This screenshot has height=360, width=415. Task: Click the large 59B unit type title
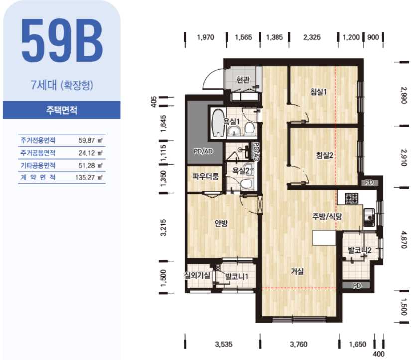(62, 40)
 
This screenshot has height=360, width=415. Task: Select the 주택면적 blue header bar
(61, 110)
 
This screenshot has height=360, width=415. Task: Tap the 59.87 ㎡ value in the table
(90, 140)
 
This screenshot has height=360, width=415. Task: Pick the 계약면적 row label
(38, 177)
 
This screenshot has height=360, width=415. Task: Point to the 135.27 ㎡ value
(89, 177)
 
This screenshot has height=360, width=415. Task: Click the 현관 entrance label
(243, 79)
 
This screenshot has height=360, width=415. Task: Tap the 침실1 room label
(318, 92)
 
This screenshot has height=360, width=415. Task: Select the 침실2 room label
(324, 155)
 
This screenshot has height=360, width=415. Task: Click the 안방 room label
(221, 223)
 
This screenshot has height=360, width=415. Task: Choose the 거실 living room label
(297, 271)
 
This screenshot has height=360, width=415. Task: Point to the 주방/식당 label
(327, 217)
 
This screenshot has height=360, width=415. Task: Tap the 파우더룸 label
(205, 176)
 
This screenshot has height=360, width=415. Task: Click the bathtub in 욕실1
(218, 123)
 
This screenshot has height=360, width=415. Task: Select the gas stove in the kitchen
(352, 198)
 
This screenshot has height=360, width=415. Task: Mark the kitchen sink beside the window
(369, 217)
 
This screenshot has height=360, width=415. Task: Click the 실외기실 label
(197, 276)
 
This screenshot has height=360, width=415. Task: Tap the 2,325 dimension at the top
(312, 37)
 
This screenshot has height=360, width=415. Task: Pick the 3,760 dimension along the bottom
(299, 344)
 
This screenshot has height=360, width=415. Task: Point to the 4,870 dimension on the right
(403, 240)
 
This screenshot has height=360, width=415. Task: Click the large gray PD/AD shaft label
(203, 151)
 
